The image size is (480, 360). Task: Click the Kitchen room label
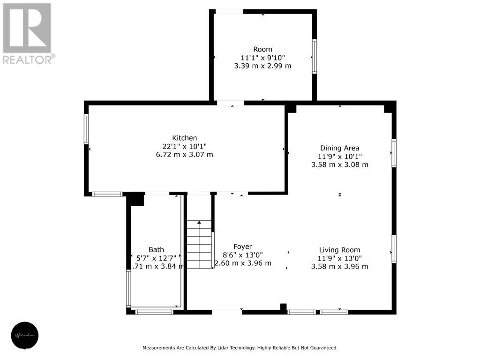pos(185,138)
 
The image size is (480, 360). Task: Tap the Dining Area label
pos(339,148)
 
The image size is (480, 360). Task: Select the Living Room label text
pos(339,250)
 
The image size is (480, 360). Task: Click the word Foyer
pos(243,247)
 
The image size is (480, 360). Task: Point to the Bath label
pos(156,250)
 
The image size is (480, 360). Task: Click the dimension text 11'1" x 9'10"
pos(262,58)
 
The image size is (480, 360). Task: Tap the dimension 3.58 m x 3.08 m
pos(339,165)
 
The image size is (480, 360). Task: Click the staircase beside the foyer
pos(199,244)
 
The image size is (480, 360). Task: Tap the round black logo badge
pos(25,336)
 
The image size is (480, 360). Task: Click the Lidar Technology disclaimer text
pos(240,348)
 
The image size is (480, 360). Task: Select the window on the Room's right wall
pos(314,56)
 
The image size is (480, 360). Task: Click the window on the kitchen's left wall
pos(86,129)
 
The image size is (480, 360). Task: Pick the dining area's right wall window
pos(394,153)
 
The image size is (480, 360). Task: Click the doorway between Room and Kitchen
pos(230,103)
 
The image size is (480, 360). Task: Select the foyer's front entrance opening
pos(226,312)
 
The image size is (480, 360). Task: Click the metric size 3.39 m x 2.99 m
pos(262,66)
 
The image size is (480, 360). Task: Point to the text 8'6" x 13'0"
pos(243,255)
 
